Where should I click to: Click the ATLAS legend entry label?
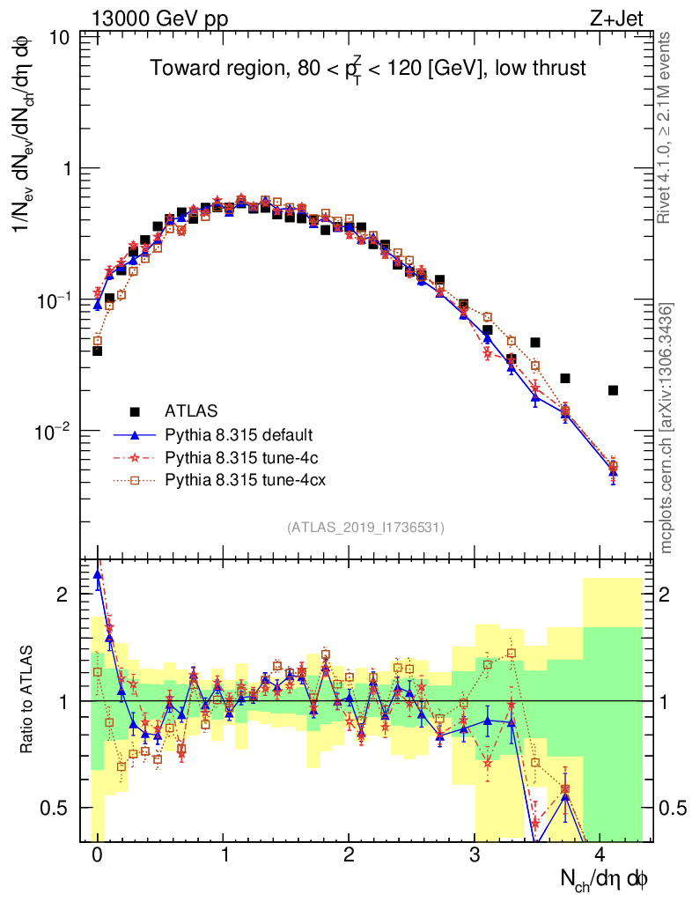pos(190,410)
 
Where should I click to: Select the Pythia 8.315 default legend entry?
pos(239,435)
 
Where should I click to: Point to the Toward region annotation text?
pos(367,69)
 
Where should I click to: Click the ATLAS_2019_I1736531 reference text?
pos(365,528)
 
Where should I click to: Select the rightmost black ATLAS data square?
pos(613,390)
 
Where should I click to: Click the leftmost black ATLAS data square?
pos(97,351)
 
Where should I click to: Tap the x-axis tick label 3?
pos(475,856)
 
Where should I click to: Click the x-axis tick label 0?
pos(97,856)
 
